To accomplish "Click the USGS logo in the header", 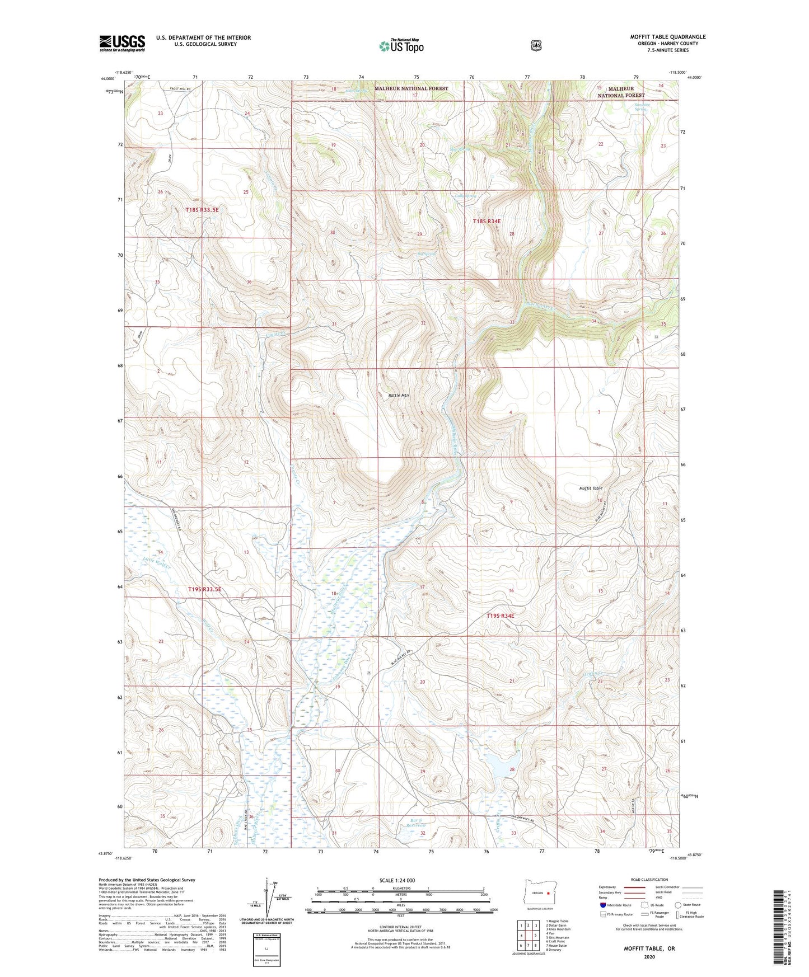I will (x=122, y=43).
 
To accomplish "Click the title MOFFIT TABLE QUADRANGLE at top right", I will (x=667, y=37).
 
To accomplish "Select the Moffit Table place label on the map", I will (x=591, y=488).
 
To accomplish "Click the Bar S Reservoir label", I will (x=417, y=823).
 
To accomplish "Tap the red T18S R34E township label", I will (x=487, y=221).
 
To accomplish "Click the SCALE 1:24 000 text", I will (x=397, y=880).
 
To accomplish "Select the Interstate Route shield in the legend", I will (x=602, y=905).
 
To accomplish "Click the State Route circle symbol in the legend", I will (x=678, y=905).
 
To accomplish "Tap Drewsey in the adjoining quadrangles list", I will (x=553, y=950).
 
